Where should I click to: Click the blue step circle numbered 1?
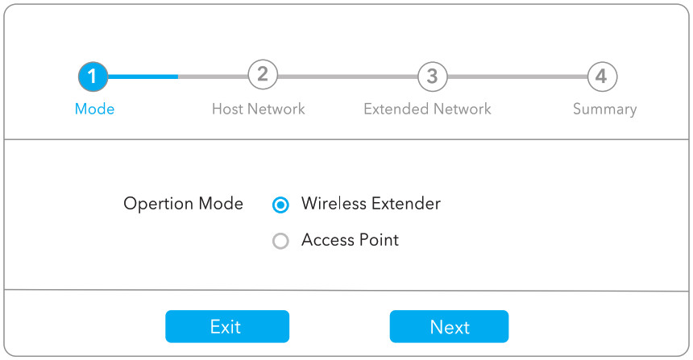[x=93, y=77]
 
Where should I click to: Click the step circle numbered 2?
[x=262, y=76]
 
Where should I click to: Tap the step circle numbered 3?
[x=432, y=77]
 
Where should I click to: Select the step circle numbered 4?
[x=601, y=77]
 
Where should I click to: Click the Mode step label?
[x=94, y=109]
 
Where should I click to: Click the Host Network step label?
[x=258, y=109]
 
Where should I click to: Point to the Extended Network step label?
[x=427, y=109]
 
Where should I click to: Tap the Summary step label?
[x=604, y=109]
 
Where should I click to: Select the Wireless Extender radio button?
[x=280, y=205]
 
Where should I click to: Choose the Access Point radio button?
[x=280, y=241]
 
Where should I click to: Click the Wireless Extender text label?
[x=371, y=204]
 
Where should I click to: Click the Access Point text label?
[x=350, y=240]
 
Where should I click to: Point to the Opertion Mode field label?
[x=183, y=204]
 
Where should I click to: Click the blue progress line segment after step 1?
[x=143, y=77]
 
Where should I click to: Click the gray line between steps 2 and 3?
[x=346, y=77]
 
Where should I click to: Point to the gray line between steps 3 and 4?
[x=517, y=77]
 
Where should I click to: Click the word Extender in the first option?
[x=406, y=204]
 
